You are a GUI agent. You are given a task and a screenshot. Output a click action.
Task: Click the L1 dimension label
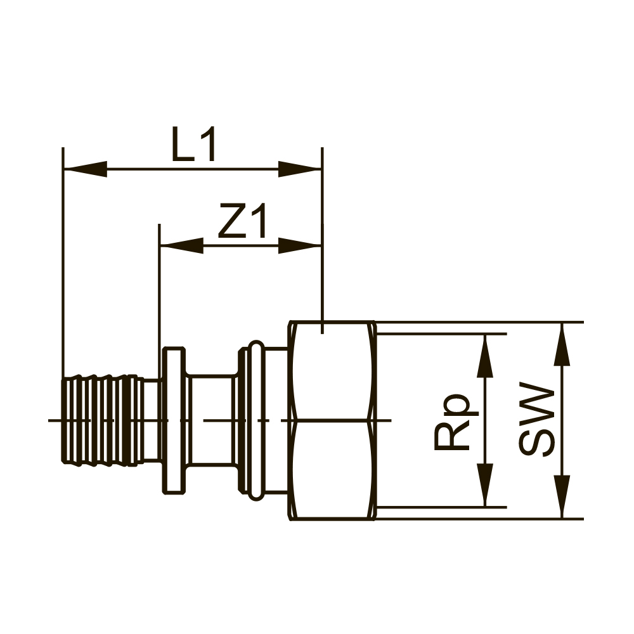tap(194, 145)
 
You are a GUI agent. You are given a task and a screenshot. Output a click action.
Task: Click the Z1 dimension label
tap(243, 221)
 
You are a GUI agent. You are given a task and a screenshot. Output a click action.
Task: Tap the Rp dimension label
tap(452, 421)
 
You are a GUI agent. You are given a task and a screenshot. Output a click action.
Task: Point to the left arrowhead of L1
tap(86, 169)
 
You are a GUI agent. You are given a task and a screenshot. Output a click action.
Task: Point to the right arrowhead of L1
tap(300, 169)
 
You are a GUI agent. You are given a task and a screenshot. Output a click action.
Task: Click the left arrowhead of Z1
tap(181, 245)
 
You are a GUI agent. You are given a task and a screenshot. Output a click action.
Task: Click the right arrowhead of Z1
tap(300, 245)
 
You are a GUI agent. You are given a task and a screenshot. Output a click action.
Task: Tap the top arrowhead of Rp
tap(485, 356)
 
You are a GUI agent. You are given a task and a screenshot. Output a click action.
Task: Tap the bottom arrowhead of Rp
tap(485, 485)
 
